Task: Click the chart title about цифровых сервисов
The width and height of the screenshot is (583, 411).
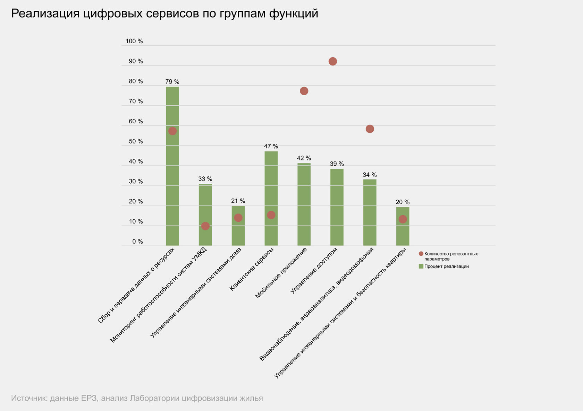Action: point(164,14)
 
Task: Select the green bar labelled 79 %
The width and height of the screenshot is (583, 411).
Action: point(172,173)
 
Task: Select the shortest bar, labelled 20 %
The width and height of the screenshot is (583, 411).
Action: point(403,232)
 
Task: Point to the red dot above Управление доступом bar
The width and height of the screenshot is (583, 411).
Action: point(332,61)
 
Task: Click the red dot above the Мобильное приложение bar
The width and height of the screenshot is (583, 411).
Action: point(304,91)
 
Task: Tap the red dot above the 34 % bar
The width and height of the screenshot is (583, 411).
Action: point(370,129)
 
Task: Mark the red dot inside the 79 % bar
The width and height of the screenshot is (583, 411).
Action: point(172,131)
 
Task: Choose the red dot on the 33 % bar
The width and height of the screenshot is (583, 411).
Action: point(205,226)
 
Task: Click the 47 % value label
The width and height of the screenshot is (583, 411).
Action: point(271,147)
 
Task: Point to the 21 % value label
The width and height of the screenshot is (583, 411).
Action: point(238,201)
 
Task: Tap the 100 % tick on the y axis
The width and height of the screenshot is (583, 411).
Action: point(134,41)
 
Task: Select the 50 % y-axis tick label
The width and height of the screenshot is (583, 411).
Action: point(136,141)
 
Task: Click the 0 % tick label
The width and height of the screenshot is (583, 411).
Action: point(137,242)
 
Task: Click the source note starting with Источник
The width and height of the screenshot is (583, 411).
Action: point(137,398)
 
